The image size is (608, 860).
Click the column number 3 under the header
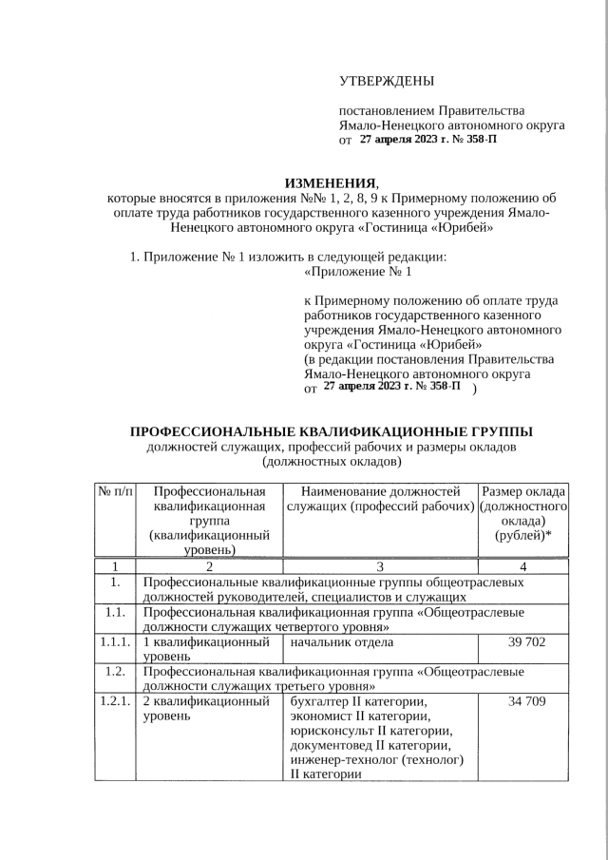[x=379, y=567]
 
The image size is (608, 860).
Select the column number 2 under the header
[x=211, y=567]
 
